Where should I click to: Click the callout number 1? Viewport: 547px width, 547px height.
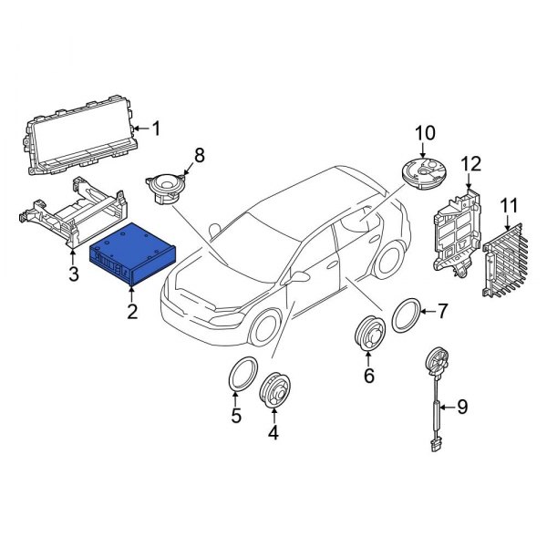154,129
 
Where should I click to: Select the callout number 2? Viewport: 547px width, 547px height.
132,313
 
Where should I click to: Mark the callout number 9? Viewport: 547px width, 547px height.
461,407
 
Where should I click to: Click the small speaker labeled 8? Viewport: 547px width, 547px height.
166,190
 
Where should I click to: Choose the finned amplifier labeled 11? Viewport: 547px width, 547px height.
501,259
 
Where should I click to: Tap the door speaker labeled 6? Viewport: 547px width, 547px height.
368,335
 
